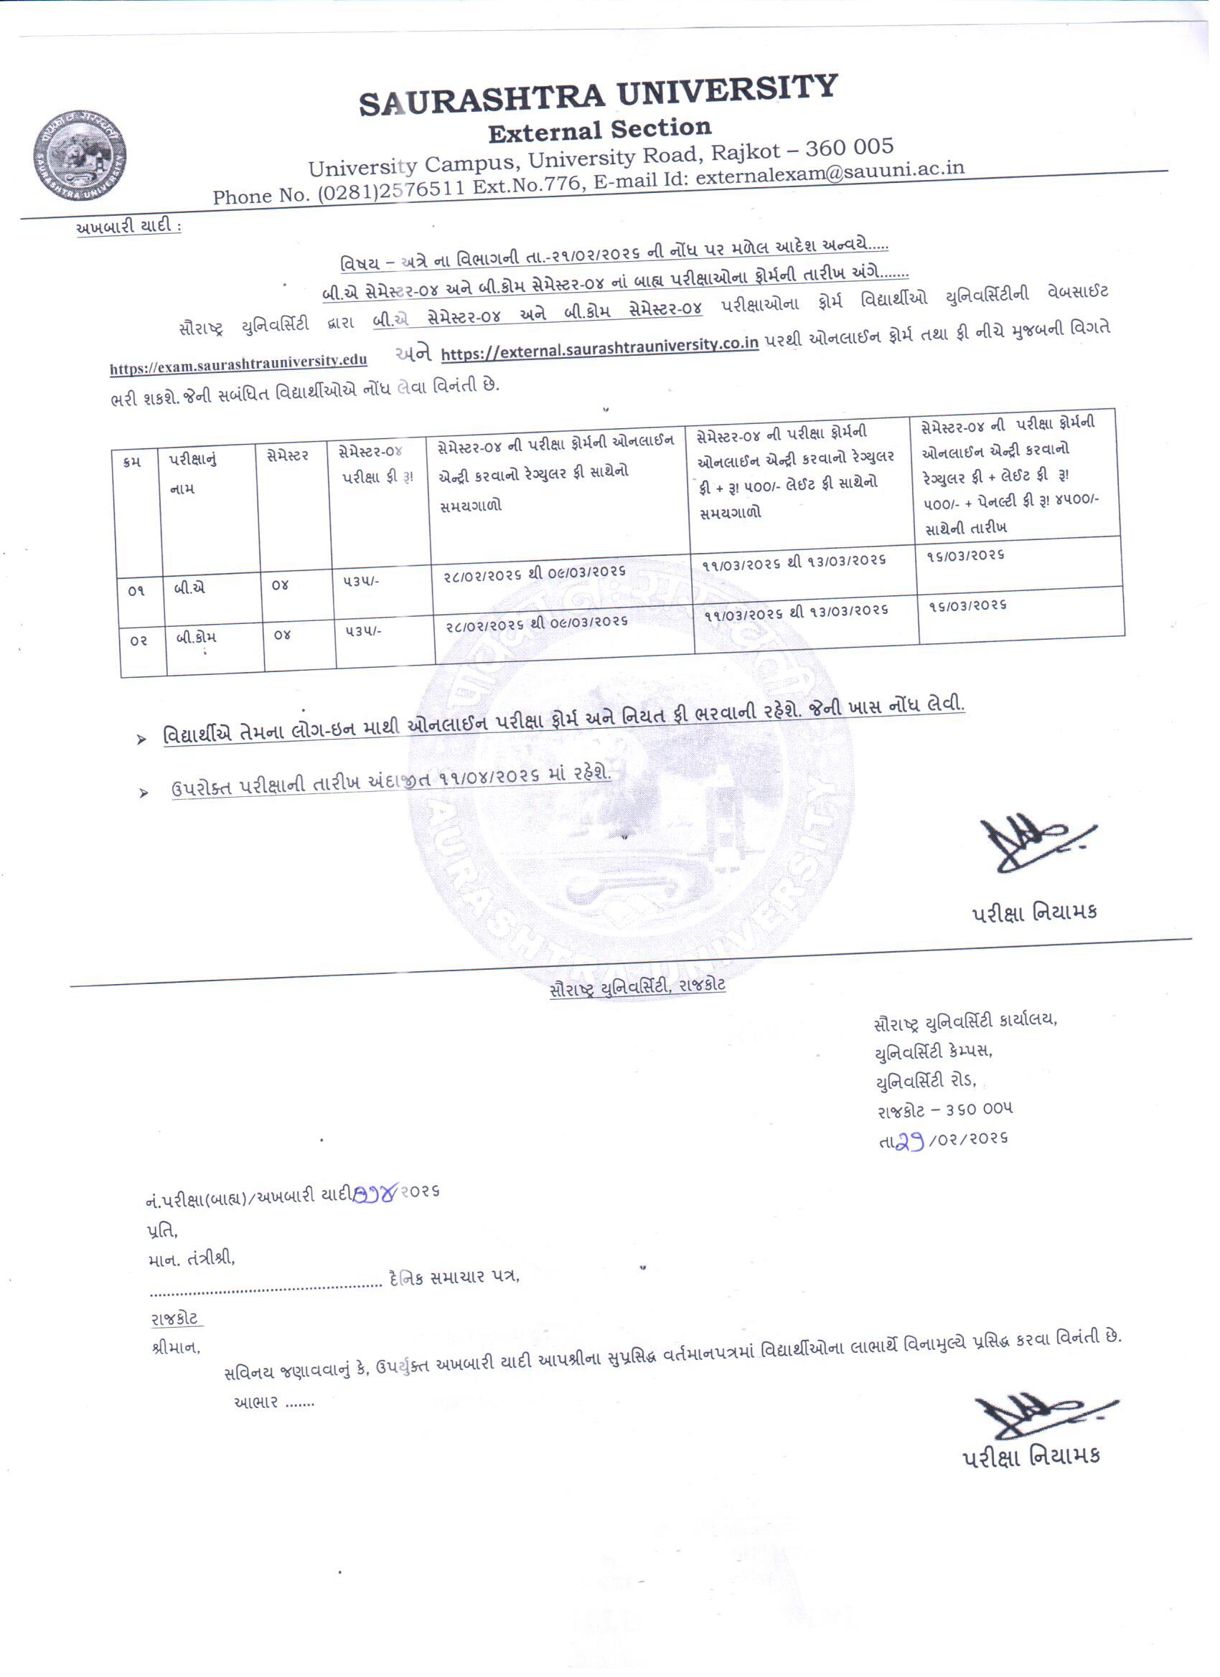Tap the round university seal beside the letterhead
pyautogui.click(x=79, y=156)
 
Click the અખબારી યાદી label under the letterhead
pyautogui.click(x=126, y=227)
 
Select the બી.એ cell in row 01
pyautogui.click(x=190, y=589)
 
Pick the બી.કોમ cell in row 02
pyautogui.click(x=196, y=638)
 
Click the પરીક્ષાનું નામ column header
pyautogui.click(x=193, y=473)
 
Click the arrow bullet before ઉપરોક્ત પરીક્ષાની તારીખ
pyautogui.click(x=144, y=793)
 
